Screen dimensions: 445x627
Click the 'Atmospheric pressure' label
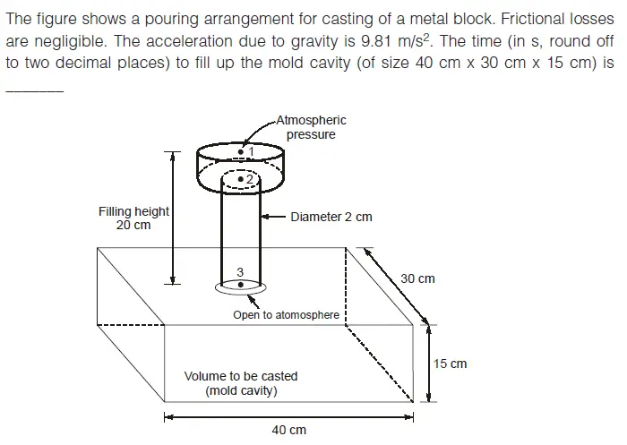pyautogui.click(x=311, y=127)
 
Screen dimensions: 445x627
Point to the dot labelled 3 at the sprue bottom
pyautogui.click(x=241, y=284)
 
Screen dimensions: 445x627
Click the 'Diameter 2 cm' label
pyautogui.click(x=331, y=217)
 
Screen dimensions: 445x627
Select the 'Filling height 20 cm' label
pyautogui.click(x=133, y=218)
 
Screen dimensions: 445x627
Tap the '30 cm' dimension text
pyautogui.click(x=417, y=278)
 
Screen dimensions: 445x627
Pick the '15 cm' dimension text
pyautogui.click(x=450, y=364)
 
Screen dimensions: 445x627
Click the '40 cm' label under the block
pyautogui.click(x=288, y=430)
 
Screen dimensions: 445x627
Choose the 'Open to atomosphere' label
pyautogui.click(x=286, y=315)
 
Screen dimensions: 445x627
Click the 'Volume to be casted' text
pyautogui.click(x=240, y=376)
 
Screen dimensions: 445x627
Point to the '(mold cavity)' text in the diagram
pyautogui.click(x=240, y=391)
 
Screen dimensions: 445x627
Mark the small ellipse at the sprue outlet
pyautogui.click(x=241, y=287)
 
